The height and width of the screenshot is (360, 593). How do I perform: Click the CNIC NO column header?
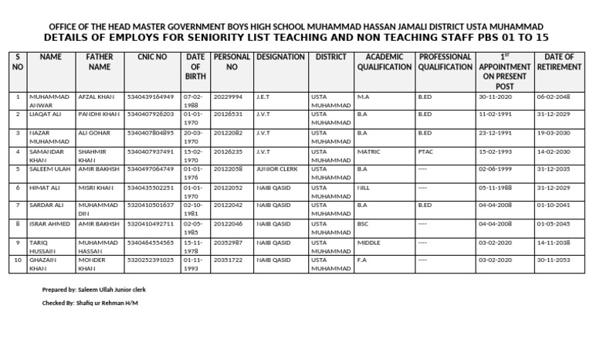click(x=151, y=57)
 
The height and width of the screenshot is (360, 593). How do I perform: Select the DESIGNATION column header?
click(x=280, y=57)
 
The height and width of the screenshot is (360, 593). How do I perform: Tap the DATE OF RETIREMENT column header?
click(x=558, y=62)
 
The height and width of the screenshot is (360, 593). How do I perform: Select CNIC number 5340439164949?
click(x=151, y=97)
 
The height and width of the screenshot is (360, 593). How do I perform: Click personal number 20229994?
click(x=229, y=97)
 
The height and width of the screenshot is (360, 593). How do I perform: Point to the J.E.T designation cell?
click(x=263, y=97)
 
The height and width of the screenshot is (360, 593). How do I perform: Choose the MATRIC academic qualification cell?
click(x=369, y=151)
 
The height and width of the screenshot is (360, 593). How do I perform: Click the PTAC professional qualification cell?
click(x=425, y=151)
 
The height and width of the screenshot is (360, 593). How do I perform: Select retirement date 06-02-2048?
click(x=553, y=97)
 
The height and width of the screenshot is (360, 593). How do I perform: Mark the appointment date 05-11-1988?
click(x=494, y=187)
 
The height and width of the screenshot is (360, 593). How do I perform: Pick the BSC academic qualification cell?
click(x=364, y=223)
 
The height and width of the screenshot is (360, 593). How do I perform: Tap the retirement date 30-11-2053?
click(x=553, y=260)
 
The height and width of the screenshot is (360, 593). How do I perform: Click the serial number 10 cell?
click(x=18, y=260)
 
